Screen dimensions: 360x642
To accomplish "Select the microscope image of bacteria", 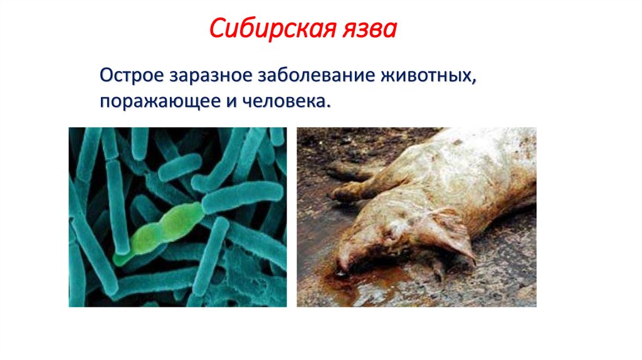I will pyautogui.click(x=177, y=217).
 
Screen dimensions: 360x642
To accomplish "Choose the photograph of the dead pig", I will pyautogui.click(x=416, y=217).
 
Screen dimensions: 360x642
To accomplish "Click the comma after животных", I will pyautogui.click(x=472, y=83).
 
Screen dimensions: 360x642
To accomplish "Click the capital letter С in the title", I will pyautogui.click(x=216, y=29).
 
